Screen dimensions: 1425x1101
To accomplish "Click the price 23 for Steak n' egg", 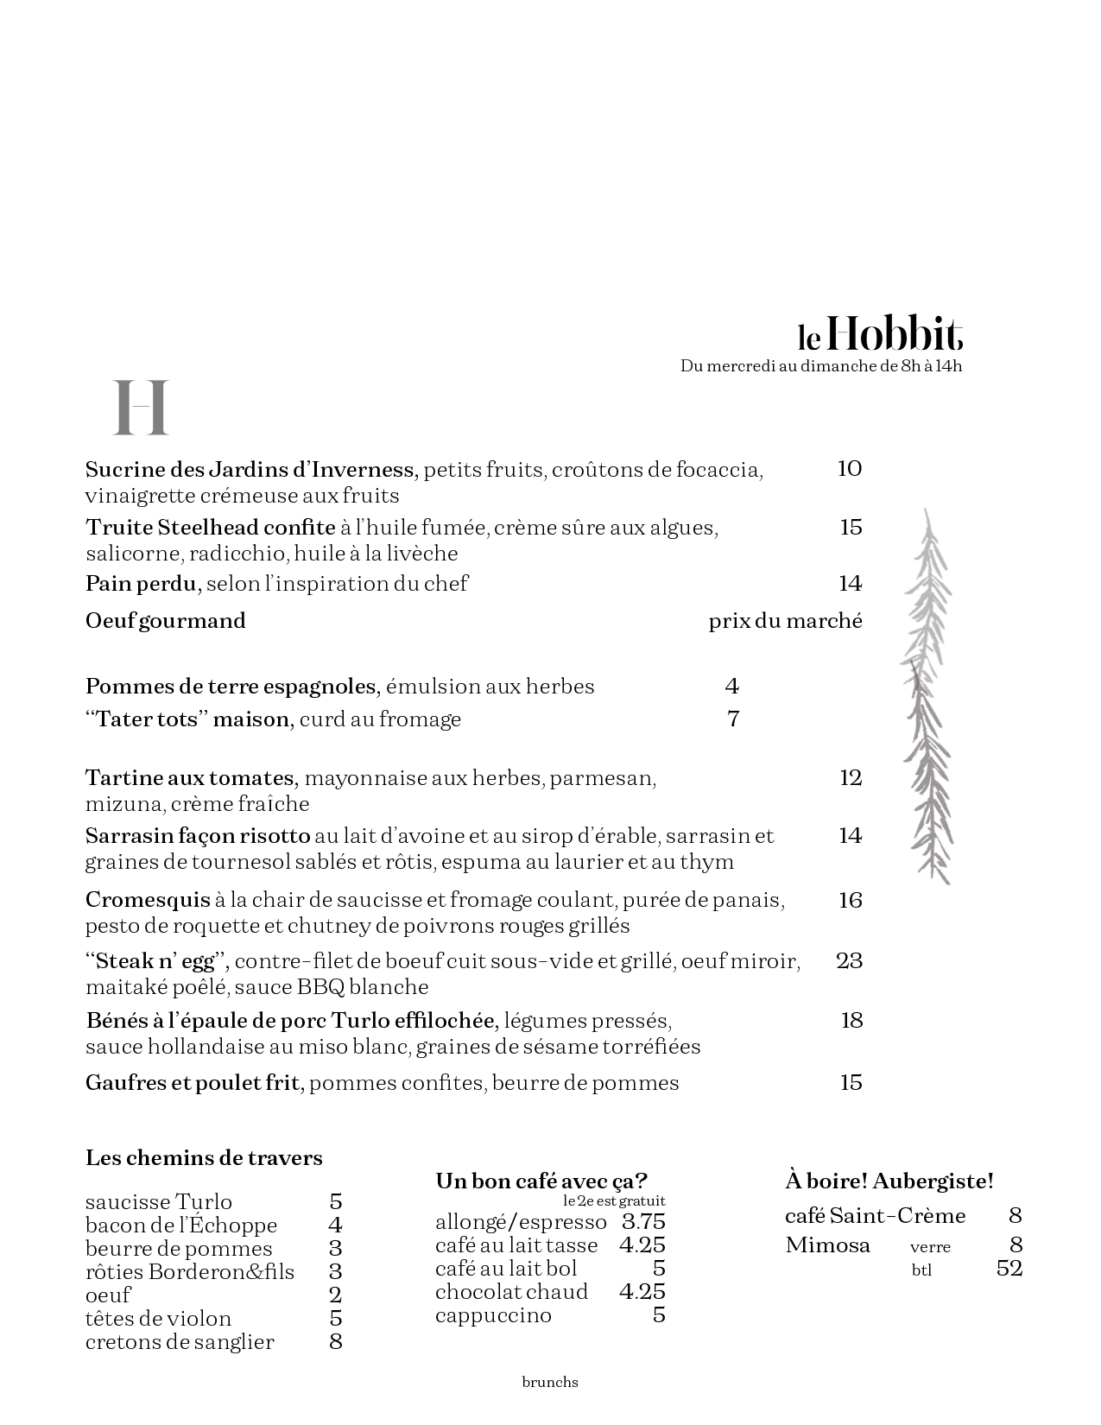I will (849, 960).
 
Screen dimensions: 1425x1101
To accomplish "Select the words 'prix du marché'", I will (785, 621).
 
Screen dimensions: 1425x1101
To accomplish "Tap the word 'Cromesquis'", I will (148, 900).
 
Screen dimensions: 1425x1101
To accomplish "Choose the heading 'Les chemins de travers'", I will (204, 1158).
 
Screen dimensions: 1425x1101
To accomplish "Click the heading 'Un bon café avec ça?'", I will (541, 1181).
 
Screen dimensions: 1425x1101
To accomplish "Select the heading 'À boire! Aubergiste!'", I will (889, 1181).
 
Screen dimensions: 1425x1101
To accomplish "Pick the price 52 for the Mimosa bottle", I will (1009, 1269).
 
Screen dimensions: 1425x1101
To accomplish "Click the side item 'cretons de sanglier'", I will (180, 1342).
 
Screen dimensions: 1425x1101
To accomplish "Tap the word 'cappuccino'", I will (493, 1315).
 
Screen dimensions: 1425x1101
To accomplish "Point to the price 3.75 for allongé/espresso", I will (643, 1222).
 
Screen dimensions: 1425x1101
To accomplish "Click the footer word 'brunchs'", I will (550, 1382).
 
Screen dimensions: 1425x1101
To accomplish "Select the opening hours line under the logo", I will (820, 366).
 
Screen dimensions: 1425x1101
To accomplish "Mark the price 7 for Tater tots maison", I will (733, 719).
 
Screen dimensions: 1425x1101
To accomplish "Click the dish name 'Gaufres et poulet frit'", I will (193, 1083).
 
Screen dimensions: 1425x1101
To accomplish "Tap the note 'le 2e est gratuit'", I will (614, 1201).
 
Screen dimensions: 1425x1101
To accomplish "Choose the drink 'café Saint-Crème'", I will (875, 1216).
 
